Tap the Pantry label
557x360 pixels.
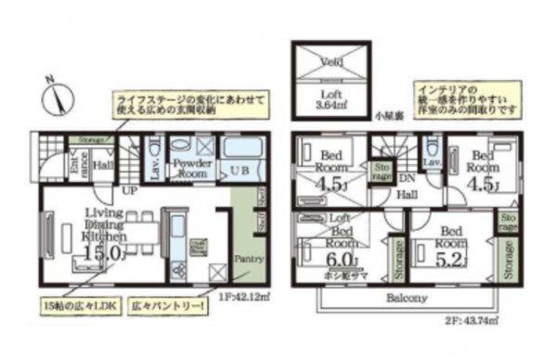[249, 259]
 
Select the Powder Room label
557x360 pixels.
[193, 168]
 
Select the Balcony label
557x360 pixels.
[407, 298]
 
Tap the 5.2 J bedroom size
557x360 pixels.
[452, 256]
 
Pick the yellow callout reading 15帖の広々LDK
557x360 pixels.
[77, 304]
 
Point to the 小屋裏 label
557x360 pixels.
[389, 118]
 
